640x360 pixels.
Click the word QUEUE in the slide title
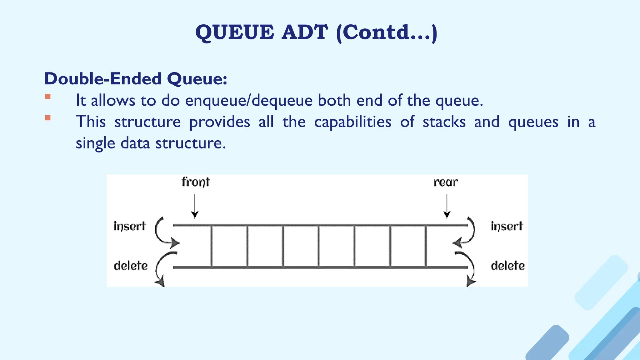[235, 32]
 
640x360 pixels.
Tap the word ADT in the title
[305, 32]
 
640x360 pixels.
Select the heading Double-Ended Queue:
[135, 78]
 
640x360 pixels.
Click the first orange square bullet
[48, 97]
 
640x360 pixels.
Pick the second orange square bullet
[48, 118]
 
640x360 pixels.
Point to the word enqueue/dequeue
[249, 101]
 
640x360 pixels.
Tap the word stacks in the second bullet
[444, 122]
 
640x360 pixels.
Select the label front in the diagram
[196, 182]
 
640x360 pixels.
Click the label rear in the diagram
[446, 182]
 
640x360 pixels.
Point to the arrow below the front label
[195, 206]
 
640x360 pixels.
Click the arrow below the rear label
[447, 206]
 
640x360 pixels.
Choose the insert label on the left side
[130, 226]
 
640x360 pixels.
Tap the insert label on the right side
[507, 226]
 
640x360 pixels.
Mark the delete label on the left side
[131, 266]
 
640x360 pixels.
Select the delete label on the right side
[507, 266]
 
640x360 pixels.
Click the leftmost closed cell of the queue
[229, 246]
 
